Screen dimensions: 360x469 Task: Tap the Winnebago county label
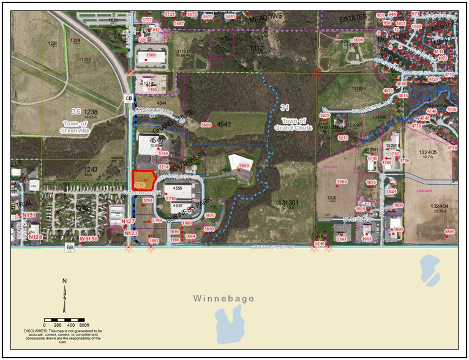click(x=223, y=299)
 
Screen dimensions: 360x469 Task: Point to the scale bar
click(x=66, y=320)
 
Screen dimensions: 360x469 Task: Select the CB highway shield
click(x=129, y=98)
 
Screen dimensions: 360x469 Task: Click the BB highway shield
click(x=70, y=247)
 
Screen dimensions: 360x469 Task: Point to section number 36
click(x=76, y=111)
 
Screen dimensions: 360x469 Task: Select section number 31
click(x=284, y=108)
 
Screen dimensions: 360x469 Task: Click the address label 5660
click(x=245, y=166)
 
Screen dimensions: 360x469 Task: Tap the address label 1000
click(x=151, y=55)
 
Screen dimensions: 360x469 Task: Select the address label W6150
click(x=89, y=238)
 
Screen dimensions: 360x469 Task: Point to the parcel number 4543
click(x=223, y=124)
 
